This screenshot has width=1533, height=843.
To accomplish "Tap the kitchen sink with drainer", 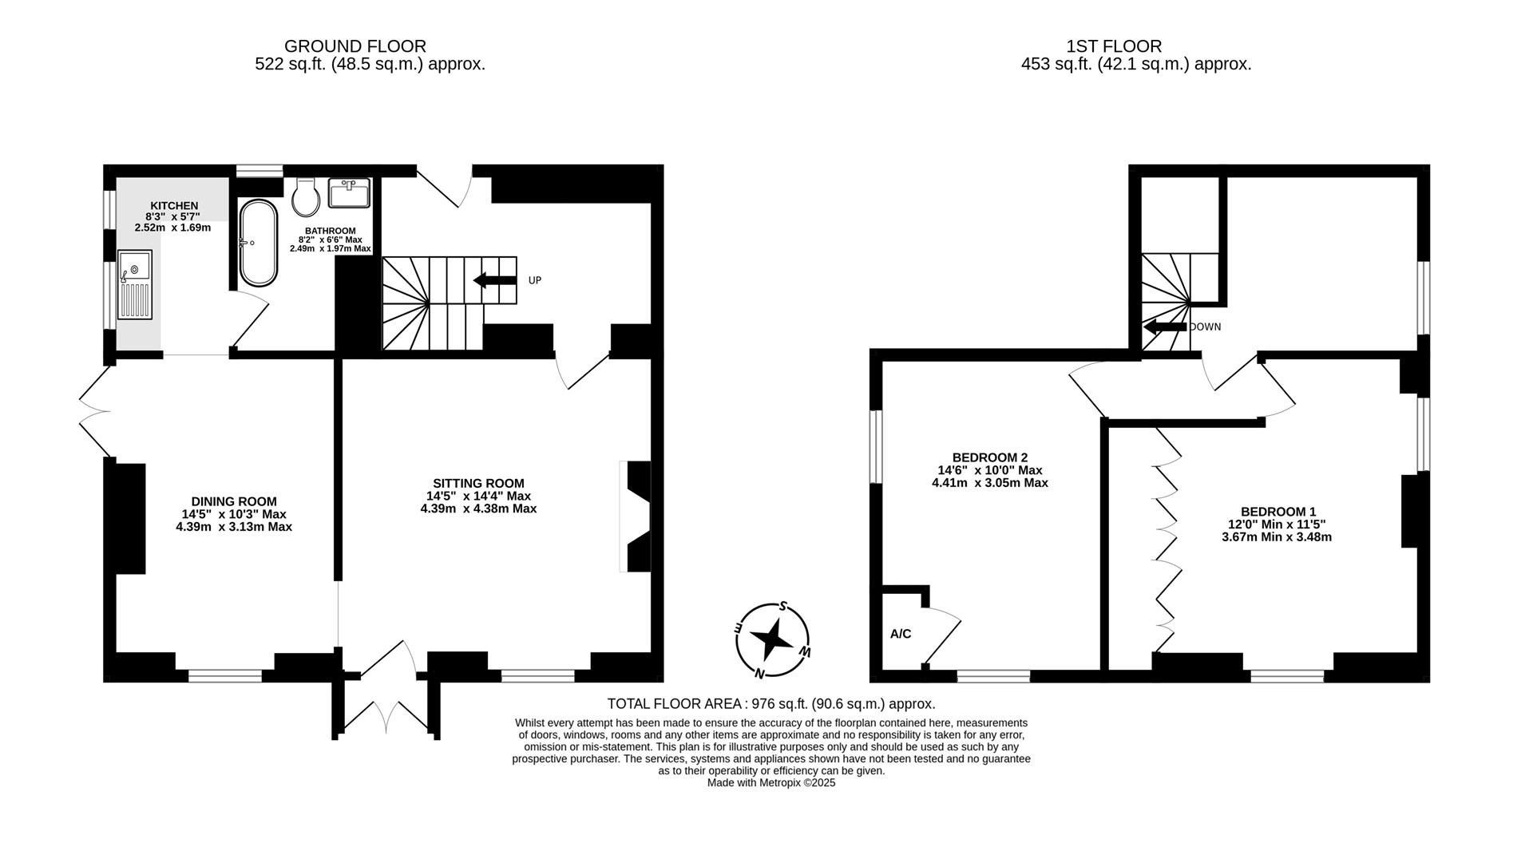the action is click(134, 285).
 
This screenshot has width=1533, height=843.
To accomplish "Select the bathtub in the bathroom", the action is click(258, 243).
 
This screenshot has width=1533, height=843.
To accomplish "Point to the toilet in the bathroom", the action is click(305, 196).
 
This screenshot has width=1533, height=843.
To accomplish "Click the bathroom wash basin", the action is click(350, 192).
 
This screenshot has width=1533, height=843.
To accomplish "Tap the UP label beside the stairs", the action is click(535, 280).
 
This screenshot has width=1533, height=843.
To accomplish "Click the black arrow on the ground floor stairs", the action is click(494, 279).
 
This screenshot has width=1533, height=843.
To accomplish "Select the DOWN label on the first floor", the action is click(1206, 327).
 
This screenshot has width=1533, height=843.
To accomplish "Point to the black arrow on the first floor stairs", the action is click(1165, 327).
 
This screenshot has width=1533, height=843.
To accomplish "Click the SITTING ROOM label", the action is click(478, 483).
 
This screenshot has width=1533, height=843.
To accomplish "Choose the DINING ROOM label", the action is click(234, 501).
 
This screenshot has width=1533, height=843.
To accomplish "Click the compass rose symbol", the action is click(772, 639).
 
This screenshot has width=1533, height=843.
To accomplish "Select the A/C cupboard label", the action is click(901, 634).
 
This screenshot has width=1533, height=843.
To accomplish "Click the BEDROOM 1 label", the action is click(1278, 512).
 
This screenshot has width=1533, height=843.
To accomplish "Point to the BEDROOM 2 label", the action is click(990, 457).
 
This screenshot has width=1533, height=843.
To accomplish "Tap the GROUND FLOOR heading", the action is click(355, 46).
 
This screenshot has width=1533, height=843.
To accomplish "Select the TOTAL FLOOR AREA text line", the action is click(771, 704).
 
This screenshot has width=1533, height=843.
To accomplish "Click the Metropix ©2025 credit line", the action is click(771, 783).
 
